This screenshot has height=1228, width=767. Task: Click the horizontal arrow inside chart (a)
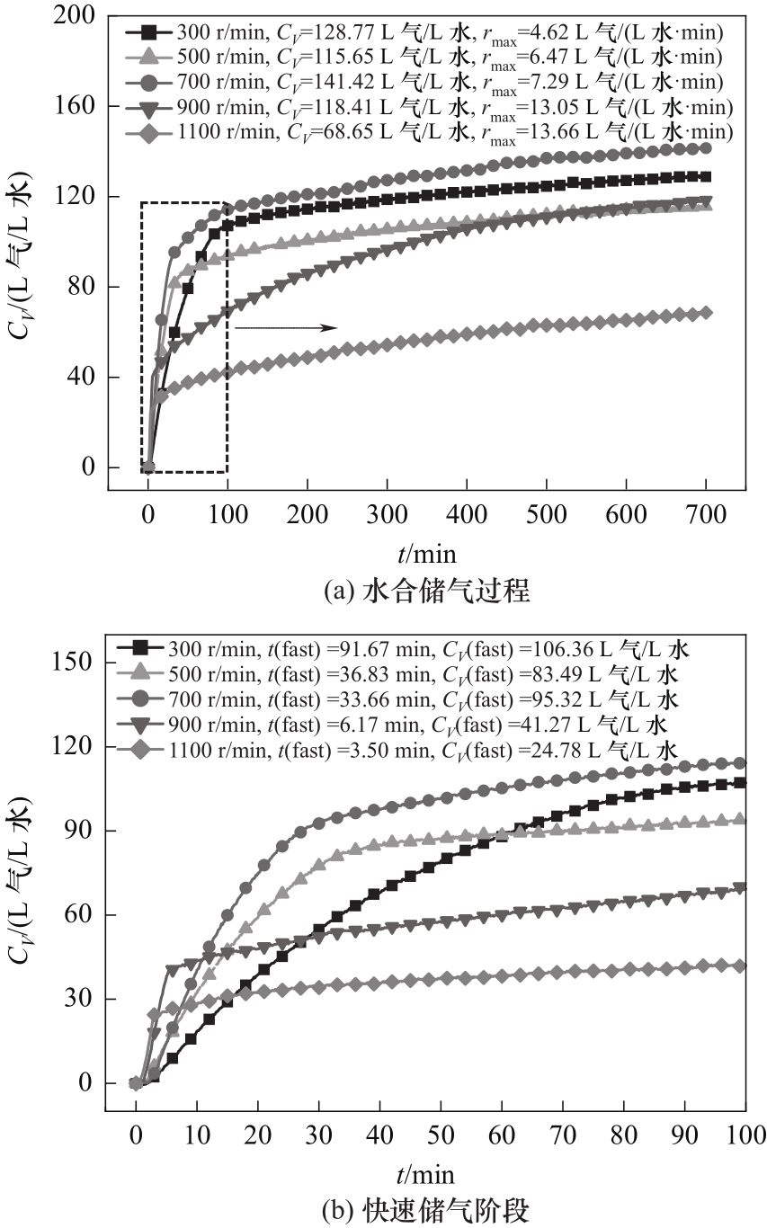(x=285, y=328)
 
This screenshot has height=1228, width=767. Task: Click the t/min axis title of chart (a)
(x=426, y=550)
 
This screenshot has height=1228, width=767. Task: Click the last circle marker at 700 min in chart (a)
(x=705, y=148)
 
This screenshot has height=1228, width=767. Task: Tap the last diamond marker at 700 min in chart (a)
(x=705, y=313)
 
